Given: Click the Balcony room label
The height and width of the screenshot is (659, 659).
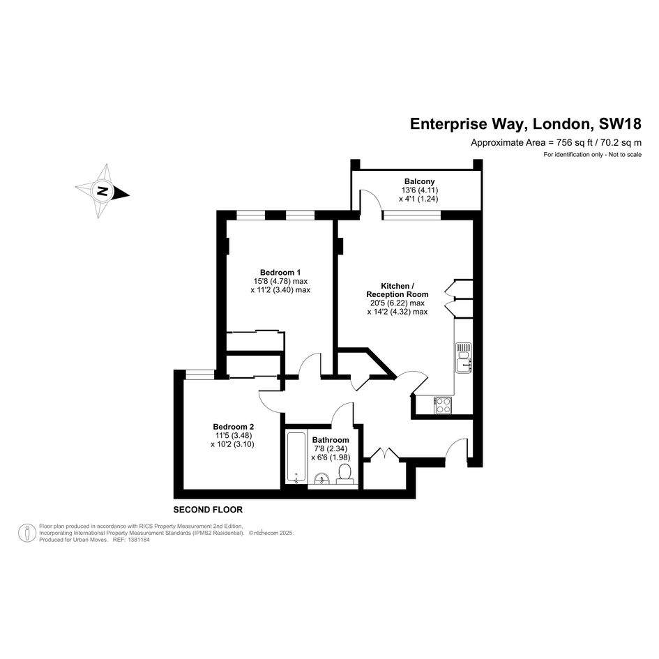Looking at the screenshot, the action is [419, 181].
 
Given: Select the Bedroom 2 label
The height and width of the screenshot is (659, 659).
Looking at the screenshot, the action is [233, 427].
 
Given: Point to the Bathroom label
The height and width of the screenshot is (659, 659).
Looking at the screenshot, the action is [331, 440].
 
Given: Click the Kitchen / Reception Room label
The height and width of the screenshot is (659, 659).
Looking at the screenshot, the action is [397, 290].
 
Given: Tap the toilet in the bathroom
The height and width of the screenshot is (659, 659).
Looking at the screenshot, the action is [344, 474].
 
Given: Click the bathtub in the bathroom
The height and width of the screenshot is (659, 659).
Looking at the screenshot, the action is [296, 457].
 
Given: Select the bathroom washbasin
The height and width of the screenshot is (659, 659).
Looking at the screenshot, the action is [322, 478].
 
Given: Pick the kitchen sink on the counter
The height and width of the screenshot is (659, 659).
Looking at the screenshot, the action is [464, 357].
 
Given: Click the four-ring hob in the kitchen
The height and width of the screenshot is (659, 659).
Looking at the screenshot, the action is [443, 406].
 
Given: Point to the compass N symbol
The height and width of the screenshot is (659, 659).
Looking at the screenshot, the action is [103, 192].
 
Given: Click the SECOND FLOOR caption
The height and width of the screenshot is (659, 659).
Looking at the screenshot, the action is [208, 510].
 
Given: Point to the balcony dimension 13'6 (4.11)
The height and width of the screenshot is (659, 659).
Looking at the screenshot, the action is [420, 190].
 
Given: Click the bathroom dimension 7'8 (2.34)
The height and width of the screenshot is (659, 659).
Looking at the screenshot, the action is [331, 449].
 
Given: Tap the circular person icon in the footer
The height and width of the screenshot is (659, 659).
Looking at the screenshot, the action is [27, 533].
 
